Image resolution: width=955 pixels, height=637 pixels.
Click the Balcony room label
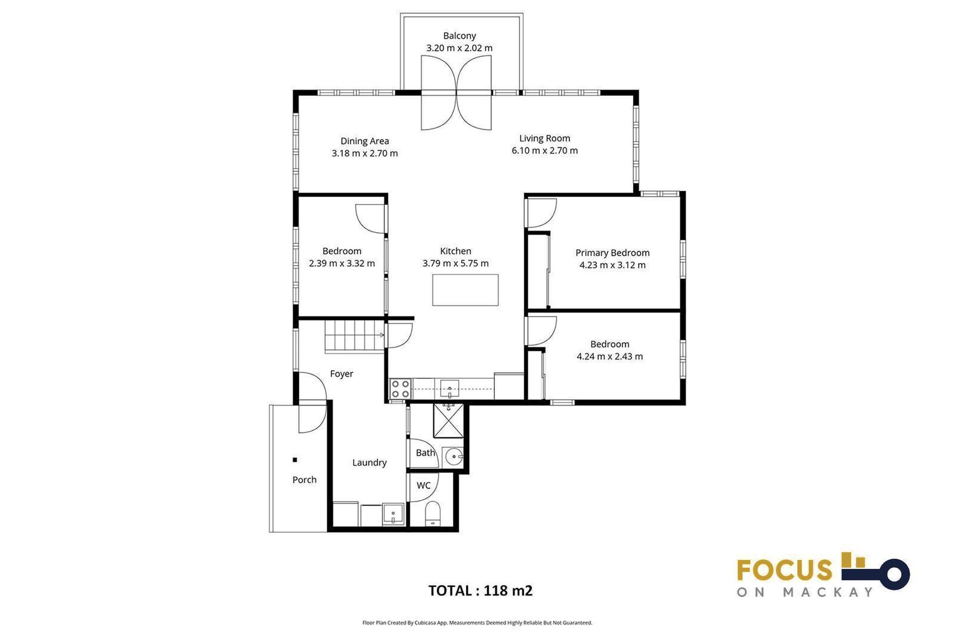coord(459,36)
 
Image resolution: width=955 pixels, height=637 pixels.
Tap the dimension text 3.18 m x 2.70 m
coord(365,153)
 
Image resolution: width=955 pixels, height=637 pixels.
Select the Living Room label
coord(545,138)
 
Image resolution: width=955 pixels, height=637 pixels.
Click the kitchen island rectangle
coord(465,290)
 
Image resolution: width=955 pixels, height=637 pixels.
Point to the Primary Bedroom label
coord(612,253)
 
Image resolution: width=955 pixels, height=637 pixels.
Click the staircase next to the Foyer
coord(355,336)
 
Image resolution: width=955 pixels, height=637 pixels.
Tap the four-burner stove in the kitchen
coord(400,389)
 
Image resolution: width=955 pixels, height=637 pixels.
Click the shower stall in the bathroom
coord(448,421)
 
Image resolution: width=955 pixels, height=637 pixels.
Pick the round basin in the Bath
coord(454,456)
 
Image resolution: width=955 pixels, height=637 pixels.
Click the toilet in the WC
coord(433,513)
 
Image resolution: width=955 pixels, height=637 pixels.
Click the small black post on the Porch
coord(295,460)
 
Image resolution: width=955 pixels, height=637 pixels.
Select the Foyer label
coord(341,374)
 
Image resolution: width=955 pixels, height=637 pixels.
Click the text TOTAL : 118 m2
coord(480,591)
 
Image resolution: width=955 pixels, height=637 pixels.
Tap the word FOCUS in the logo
coord(784,570)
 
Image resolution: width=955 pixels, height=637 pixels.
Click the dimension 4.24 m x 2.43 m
coord(609,356)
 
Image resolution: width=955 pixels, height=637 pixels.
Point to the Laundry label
coord(369,463)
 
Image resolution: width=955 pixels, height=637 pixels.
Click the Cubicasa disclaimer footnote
coord(477,623)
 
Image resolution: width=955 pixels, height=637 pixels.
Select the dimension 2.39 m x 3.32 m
coord(342,263)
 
